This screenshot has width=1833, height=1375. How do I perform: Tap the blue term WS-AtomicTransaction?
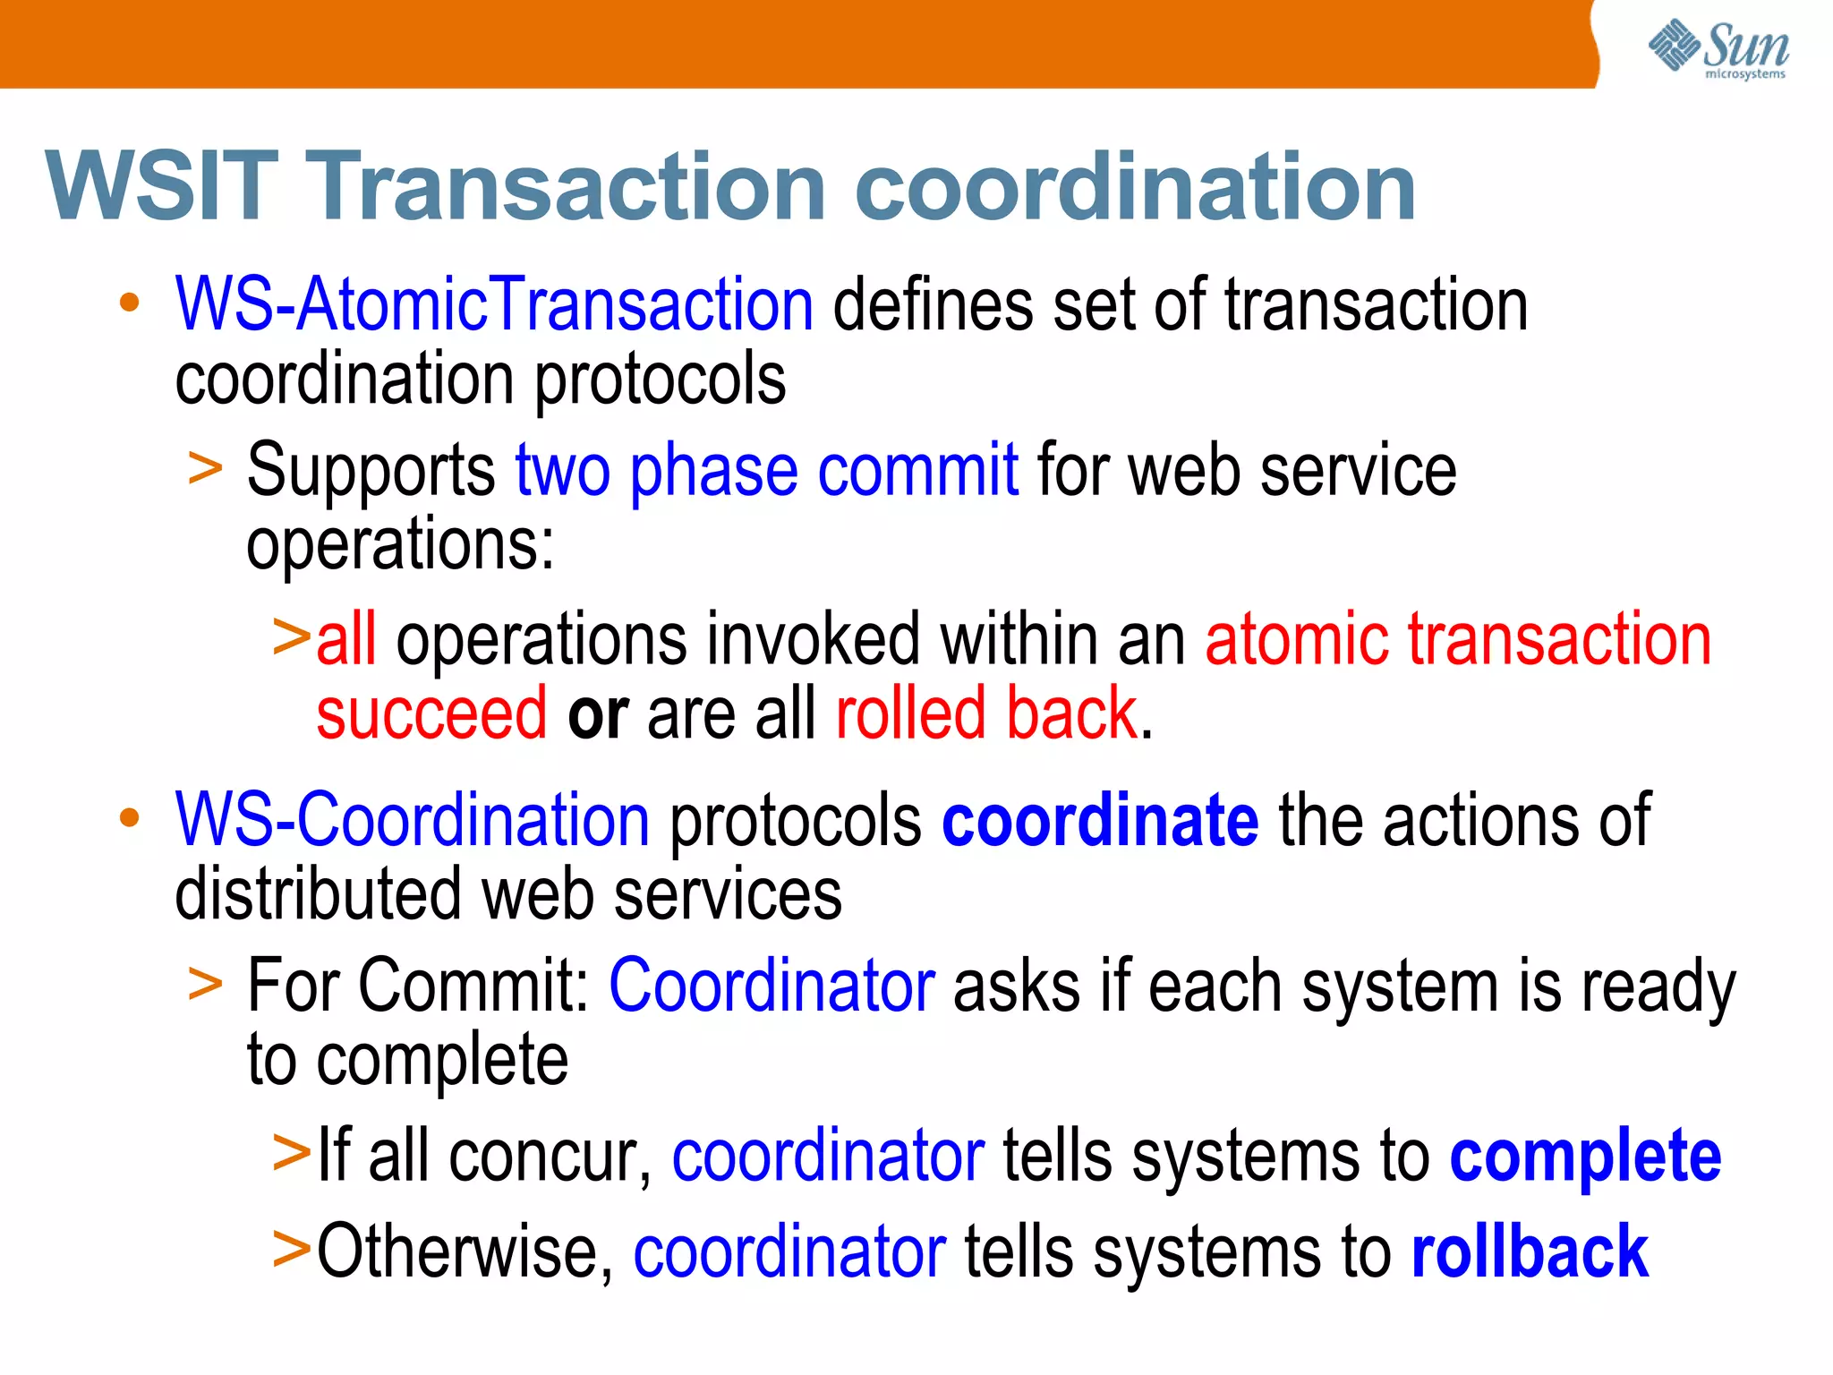pyautogui.click(x=494, y=305)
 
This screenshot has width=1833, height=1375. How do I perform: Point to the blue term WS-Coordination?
pyautogui.click(x=413, y=820)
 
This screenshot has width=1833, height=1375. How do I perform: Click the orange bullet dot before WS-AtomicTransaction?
pyautogui.click(x=130, y=303)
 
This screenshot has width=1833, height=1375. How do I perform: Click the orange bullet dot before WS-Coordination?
pyautogui.click(x=130, y=817)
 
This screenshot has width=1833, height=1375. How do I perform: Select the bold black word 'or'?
pyautogui.click(x=597, y=714)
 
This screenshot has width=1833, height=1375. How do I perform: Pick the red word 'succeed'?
pyautogui.click(x=431, y=713)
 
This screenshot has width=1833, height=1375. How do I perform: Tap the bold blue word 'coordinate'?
pyautogui.click(x=1100, y=820)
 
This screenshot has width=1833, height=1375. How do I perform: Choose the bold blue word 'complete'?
pyautogui.click(x=1585, y=1156)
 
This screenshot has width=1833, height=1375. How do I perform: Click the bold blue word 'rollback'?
pyautogui.click(x=1530, y=1251)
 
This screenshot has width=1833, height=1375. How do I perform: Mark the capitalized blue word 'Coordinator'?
pyautogui.click(x=772, y=986)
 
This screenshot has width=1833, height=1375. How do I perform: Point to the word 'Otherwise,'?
pyautogui.click(x=465, y=1251)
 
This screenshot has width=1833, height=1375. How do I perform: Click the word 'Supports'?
pyautogui.click(x=371, y=472)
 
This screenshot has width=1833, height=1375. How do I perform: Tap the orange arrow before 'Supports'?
pyautogui.click(x=205, y=469)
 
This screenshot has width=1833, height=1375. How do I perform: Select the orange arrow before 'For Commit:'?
pyautogui.click(x=205, y=984)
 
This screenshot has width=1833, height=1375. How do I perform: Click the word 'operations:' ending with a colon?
pyautogui.click(x=400, y=544)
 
